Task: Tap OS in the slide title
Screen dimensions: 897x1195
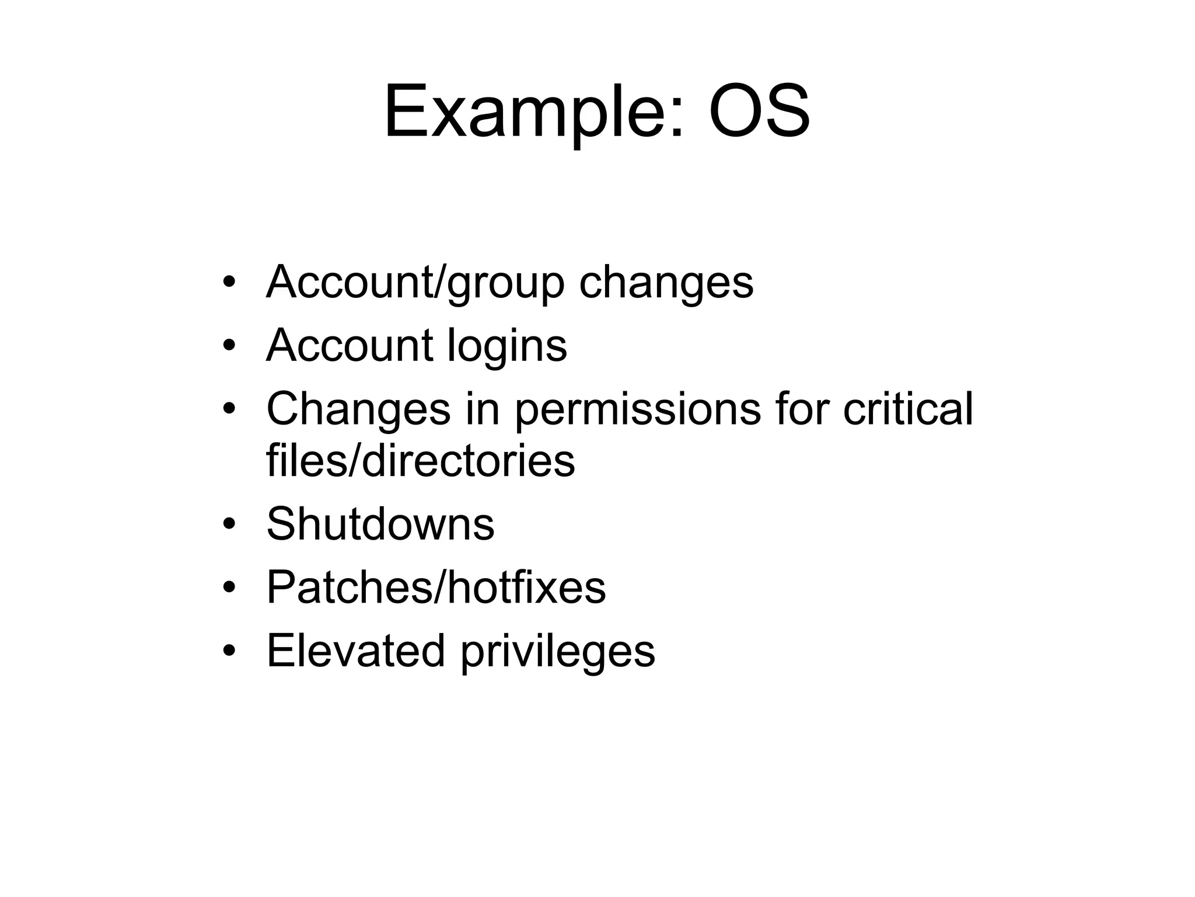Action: [x=759, y=112]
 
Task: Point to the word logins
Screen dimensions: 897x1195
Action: [x=506, y=346]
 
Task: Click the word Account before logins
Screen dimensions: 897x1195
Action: [x=349, y=345]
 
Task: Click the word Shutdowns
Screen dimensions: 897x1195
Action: [x=380, y=524]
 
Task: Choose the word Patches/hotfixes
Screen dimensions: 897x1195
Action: [x=436, y=587]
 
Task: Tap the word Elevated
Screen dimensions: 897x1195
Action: [x=356, y=651]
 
